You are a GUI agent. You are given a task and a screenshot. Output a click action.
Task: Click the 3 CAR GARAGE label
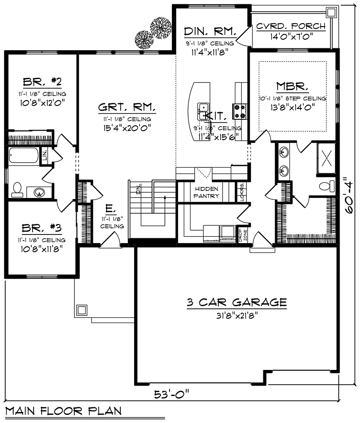pyautogui.click(x=236, y=302)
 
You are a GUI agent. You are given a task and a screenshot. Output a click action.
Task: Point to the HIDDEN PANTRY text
pyautogui.click(x=207, y=192)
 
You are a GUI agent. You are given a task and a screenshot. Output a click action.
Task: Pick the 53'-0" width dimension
pyautogui.click(x=171, y=394)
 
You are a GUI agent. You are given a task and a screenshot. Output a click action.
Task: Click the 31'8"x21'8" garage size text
pyautogui.click(x=236, y=314)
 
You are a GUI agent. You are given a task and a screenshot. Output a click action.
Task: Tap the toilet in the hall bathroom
pyautogui.click(x=17, y=189)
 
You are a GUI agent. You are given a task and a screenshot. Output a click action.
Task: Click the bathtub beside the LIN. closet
pyautogui.click(x=24, y=156)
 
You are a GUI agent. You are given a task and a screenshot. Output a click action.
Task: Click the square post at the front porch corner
pyautogui.click(x=81, y=311)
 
